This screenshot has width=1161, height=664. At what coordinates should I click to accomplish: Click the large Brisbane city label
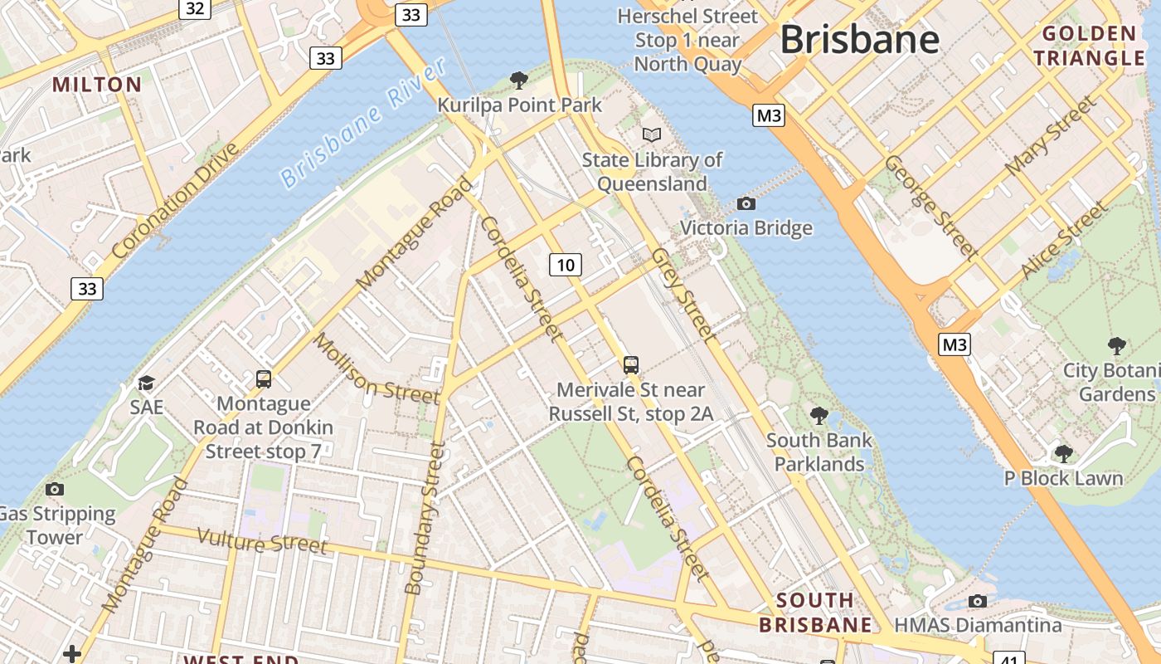click(x=859, y=39)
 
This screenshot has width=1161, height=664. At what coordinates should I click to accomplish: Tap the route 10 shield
click(x=565, y=265)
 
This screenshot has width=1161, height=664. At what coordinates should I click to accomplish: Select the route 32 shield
click(x=195, y=8)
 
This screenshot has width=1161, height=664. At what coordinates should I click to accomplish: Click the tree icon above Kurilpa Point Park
click(x=519, y=81)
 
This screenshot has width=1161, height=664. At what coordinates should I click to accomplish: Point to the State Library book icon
click(x=652, y=134)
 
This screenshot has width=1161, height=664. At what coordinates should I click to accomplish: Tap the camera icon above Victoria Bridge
click(x=746, y=203)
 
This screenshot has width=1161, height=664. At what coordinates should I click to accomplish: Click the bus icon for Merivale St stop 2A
click(x=631, y=364)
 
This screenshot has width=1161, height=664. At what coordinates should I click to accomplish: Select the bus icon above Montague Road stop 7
click(x=264, y=379)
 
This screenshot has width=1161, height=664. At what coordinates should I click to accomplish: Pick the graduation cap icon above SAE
click(x=146, y=383)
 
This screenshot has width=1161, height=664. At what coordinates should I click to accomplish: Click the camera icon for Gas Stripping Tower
click(x=55, y=489)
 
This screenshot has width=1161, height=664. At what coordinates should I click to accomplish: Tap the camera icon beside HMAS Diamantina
click(x=978, y=601)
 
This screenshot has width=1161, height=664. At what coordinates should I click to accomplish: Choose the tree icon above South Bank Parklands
click(x=819, y=414)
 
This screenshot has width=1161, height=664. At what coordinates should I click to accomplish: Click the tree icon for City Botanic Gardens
click(x=1117, y=345)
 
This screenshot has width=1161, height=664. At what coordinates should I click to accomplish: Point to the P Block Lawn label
click(x=1063, y=478)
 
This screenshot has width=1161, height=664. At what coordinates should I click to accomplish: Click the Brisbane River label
click(x=362, y=123)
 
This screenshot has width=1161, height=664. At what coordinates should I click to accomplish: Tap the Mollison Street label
click(x=376, y=369)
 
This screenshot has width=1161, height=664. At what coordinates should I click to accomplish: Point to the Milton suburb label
click(x=97, y=84)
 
